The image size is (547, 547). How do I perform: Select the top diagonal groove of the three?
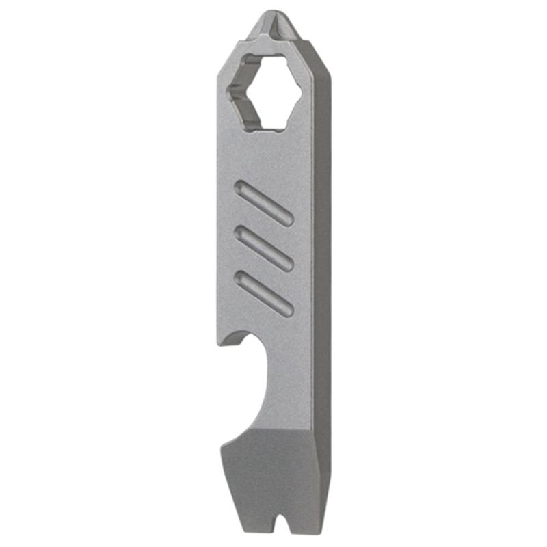coord(264,203)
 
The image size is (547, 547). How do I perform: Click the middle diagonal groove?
coord(264,248)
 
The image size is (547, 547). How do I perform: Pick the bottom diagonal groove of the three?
coord(264,293)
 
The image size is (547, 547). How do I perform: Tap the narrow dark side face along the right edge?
coord(322,273)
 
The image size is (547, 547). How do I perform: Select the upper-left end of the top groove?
coord(240,187)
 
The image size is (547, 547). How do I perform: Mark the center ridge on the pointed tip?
coord(276,27)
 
